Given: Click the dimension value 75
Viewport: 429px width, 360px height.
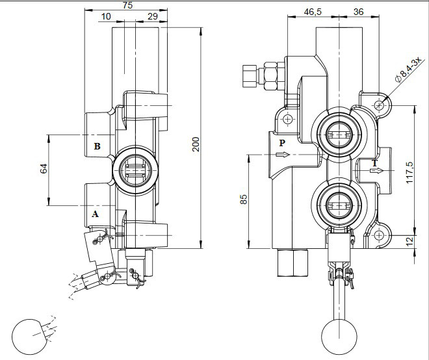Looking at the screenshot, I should coord(127,5).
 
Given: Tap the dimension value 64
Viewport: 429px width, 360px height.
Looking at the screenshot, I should coord(44,169).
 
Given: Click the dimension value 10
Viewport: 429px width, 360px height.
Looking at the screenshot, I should coord(106,16).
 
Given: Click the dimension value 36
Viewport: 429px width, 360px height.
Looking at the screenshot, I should coord(357,12).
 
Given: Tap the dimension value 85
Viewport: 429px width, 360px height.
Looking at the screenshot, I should coord(244,199).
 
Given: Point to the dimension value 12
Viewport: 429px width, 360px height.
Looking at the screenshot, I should coord(408,242).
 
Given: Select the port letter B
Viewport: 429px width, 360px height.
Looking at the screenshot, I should coord(97,146).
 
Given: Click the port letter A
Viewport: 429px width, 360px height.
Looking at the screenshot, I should coord(96,213).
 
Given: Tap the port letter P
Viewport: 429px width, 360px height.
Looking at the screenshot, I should coord(282,142).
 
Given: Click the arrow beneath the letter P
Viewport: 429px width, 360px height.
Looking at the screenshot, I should coord(282,155).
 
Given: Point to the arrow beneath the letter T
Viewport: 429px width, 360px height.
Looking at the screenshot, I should coord(374,171).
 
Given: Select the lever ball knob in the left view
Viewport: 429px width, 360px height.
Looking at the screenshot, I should coord(31,337).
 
